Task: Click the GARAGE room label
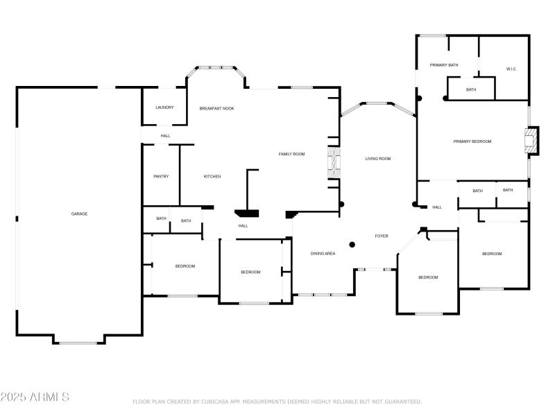click(x=79, y=214)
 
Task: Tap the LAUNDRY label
click(x=164, y=107)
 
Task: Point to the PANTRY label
click(x=161, y=176)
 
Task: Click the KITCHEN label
click(x=212, y=176)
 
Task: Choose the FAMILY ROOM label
click(x=291, y=154)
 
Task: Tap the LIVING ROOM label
click(x=378, y=159)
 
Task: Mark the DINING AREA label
click(x=323, y=254)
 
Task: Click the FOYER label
click(x=382, y=236)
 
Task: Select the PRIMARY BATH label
click(x=444, y=65)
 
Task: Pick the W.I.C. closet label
click(x=511, y=69)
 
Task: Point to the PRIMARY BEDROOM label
click(x=472, y=141)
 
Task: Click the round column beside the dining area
click(x=352, y=244)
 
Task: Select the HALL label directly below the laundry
click(x=165, y=135)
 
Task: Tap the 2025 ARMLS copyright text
click(x=35, y=397)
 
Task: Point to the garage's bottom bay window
click(x=78, y=342)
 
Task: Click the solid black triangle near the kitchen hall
click(x=246, y=214)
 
